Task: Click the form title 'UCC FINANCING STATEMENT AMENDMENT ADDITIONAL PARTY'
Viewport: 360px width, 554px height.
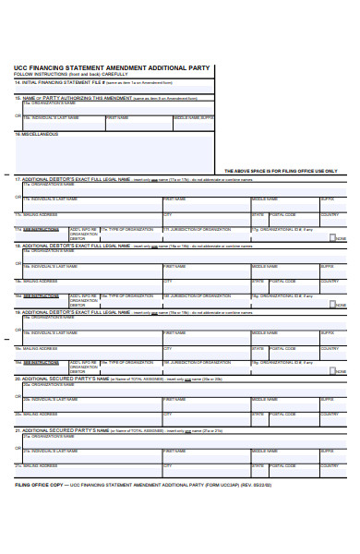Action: (x=113, y=67)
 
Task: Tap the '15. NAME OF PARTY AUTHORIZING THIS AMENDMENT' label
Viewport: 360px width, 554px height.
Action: (x=74, y=97)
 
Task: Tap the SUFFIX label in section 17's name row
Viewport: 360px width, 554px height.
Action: (x=328, y=199)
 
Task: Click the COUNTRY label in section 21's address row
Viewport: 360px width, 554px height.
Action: (x=330, y=465)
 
